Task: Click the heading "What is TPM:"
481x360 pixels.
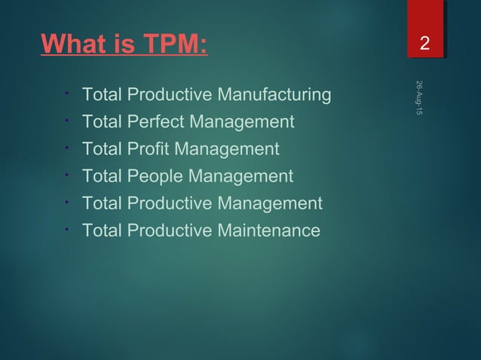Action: click(x=124, y=44)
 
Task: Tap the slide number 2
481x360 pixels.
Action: click(x=425, y=44)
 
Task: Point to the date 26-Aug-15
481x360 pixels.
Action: click(x=419, y=97)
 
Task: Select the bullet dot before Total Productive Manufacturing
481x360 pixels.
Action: click(x=67, y=93)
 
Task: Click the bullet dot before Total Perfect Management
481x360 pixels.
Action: click(x=67, y=121)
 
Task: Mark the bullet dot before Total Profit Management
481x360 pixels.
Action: click(x=67, y=148)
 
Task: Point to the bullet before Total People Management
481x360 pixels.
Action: click(x=67, y=175)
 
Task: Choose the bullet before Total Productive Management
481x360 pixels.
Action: click(x=67, y=202)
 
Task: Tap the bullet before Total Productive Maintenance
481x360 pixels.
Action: click(x=67, y=229)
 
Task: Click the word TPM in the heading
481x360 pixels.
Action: click(x=170, y=44)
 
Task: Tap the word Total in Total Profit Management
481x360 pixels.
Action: click(x=101, y=149)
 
